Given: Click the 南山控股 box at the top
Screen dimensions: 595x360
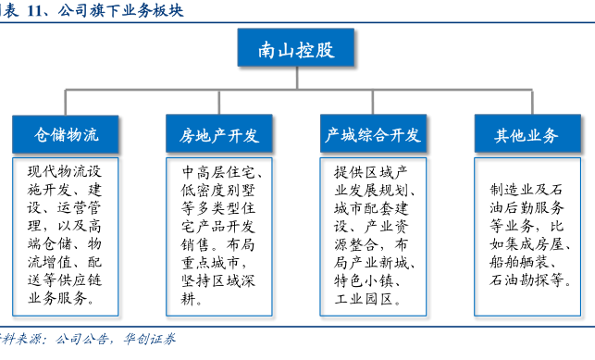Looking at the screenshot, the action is pyautogui.click(x=296, y=47).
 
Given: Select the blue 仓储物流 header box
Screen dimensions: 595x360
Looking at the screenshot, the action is pyautogui.click(x=66, y=134).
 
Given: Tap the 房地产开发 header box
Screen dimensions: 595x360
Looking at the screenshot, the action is pyautogui.click(x=219, y=133).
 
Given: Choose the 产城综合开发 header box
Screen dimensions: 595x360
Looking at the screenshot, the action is pyautogui.click(x=373, y=133).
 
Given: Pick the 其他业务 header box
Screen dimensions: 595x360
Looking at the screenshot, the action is pyautogui.click(x=527, y=133).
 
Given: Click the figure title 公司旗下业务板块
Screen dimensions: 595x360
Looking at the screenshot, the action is pyautogui.click(x=120, y=10).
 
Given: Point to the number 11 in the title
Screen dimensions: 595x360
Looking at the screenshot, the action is pyautogui.click(x=34, y=10).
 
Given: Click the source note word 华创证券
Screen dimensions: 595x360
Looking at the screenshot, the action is pyautogui.click(x=150, y=339).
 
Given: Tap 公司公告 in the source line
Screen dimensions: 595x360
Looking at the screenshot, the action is pyautogui.click(x=81, y=339).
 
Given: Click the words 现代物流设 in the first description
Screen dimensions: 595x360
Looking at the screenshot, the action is pyautogui.click(x=65, y=171).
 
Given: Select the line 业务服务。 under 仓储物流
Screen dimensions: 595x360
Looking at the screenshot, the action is pyautogui.click(x=61, y=299).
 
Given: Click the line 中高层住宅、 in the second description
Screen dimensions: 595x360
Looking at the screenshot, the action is pyautogui.click(x=222, y=172).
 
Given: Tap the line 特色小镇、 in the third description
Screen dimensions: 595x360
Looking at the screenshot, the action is pyautogui.click(x=368, y=281).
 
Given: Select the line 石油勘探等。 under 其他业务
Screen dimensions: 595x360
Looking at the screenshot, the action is pyautogui.click(x=530, y=280).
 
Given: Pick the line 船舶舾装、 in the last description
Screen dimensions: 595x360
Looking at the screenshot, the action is pyautogui.click(x=523, y=262).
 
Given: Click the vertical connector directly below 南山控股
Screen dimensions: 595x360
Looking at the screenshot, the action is pyautogui.click(x=297, y=78).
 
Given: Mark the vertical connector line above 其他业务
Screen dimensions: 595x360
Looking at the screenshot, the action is pyautogui.click(x=532, y=102).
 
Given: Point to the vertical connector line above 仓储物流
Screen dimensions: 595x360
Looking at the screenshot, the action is pyautogui.click(x=66, y=103).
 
